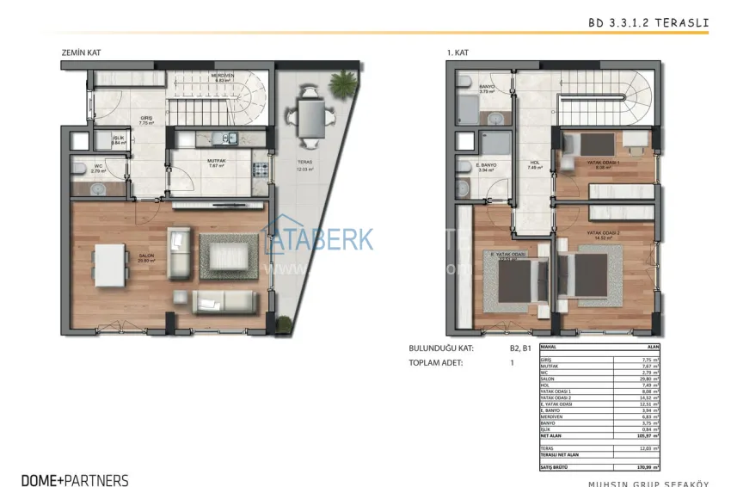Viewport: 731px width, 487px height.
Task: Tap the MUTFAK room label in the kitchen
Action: (216, 160)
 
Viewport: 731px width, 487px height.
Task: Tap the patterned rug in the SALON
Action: (228, 256)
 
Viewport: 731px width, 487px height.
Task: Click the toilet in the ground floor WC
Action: (77, 169)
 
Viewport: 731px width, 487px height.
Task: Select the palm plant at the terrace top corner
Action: (343, 83)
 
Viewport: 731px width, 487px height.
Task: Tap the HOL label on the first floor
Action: (532, 163)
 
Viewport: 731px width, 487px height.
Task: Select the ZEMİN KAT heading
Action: (81, 52)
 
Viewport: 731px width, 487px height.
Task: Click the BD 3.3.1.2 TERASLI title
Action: (660, 26)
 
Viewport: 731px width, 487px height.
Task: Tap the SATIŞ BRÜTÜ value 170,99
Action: (648, 466)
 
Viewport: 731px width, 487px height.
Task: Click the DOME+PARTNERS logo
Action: (75, 480)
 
